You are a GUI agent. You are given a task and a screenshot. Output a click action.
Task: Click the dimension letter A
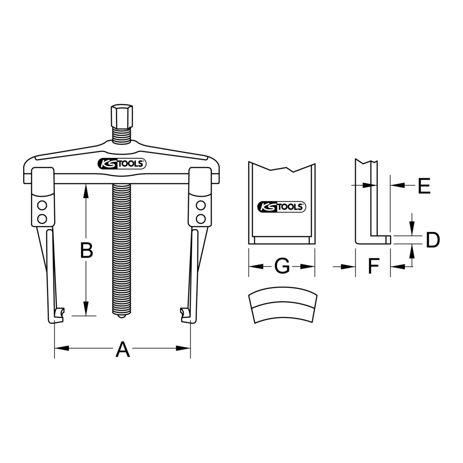(x=122, y=349)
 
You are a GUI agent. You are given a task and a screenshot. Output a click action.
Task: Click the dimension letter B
(x=87, y=250)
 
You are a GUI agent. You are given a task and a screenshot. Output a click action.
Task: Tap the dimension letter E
(x=424, y=186)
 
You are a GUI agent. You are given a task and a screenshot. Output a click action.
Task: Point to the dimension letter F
(x=373, y=266)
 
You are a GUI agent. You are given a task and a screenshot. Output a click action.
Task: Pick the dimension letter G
(x=282, y=266)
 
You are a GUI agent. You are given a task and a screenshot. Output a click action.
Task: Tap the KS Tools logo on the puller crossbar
(x=122, y=164)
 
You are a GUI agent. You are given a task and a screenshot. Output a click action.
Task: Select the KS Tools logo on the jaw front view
(x=282, y=206)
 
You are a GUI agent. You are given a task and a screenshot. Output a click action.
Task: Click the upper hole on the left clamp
(x=42, y=205)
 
